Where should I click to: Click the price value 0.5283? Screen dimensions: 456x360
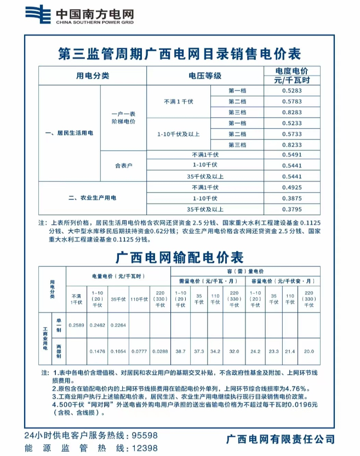[292, 91]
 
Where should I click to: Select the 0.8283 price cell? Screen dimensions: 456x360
[292, 112]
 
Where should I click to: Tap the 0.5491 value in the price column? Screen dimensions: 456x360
[292, 155]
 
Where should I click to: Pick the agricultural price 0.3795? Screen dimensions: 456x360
[292, 209]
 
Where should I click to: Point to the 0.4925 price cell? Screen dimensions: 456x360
[292, 187]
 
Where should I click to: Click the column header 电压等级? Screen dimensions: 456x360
[205, 76]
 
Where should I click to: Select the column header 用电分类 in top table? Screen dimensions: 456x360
[93, 76]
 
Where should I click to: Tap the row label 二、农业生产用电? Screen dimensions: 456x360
[93, 198]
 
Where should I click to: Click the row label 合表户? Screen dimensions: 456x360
[123, 165]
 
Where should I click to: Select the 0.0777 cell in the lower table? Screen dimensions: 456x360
[139, 351]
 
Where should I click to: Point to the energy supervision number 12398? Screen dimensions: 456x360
[145, 448]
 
